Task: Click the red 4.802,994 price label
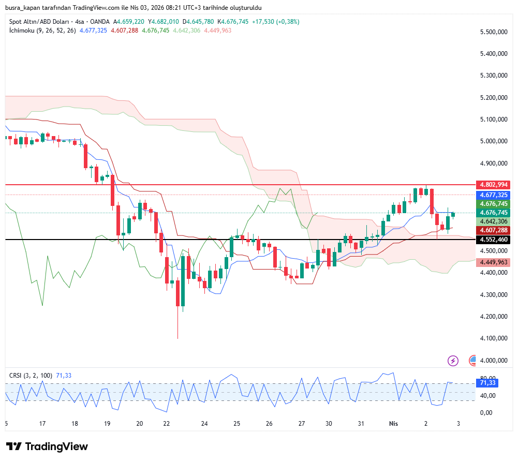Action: [494, 185]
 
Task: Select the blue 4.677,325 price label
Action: [494, 195]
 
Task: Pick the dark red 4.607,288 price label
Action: [494, 230]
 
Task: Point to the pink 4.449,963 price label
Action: [494, 262]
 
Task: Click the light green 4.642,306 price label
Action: [494, 221]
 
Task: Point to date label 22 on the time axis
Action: [167, 423]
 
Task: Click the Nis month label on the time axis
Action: [394, 423]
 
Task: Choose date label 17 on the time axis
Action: [42, 423]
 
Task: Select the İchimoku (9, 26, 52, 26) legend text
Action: [42, 31]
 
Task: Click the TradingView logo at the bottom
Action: [47, 446]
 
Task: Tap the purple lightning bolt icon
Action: [453, 361]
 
